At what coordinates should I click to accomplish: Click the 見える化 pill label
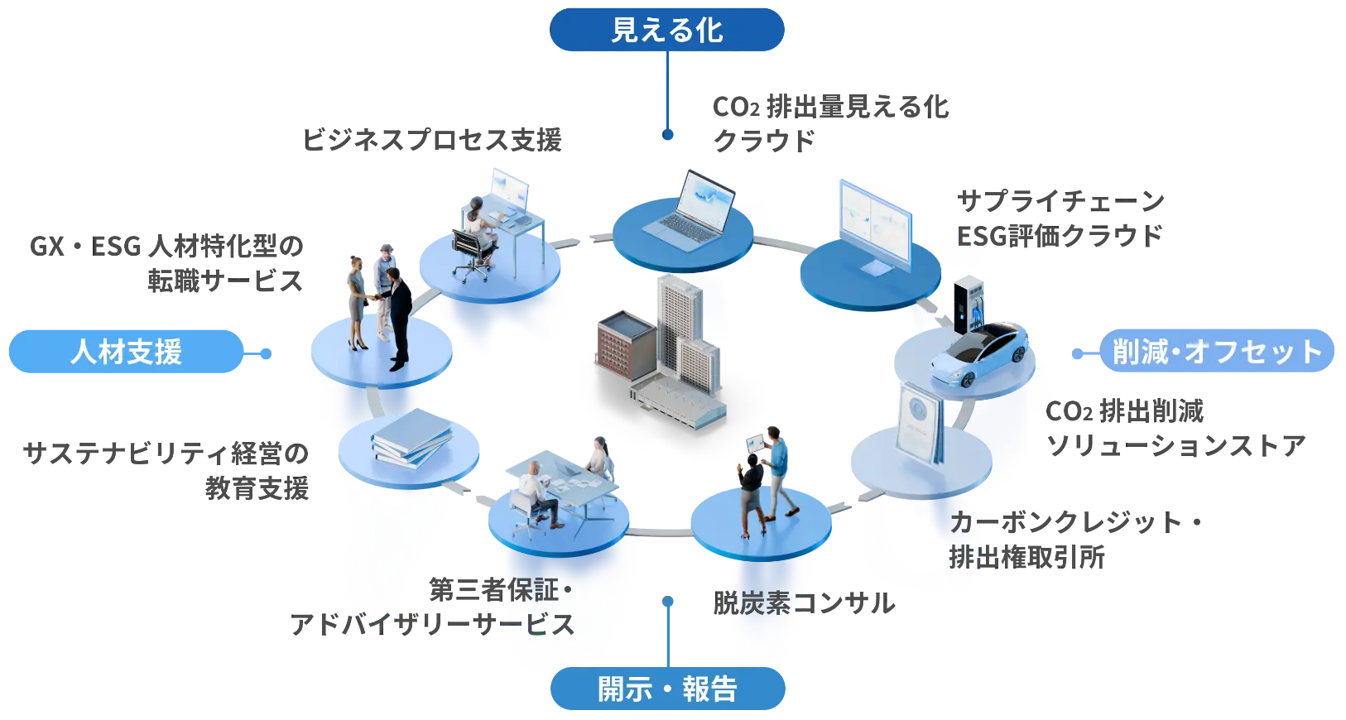[x=667, y=31]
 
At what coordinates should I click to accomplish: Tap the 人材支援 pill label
[x=126, y=353]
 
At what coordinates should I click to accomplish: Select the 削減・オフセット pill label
[x=1217, y=353]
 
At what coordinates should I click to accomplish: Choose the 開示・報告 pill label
[x=667, y=689]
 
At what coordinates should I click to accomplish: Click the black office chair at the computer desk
[x=470, y=252]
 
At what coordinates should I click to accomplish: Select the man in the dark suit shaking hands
[x=399, y=319]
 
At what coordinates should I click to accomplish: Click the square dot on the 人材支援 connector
[x=265, y=353]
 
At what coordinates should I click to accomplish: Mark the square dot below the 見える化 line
[x=668, y=137]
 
